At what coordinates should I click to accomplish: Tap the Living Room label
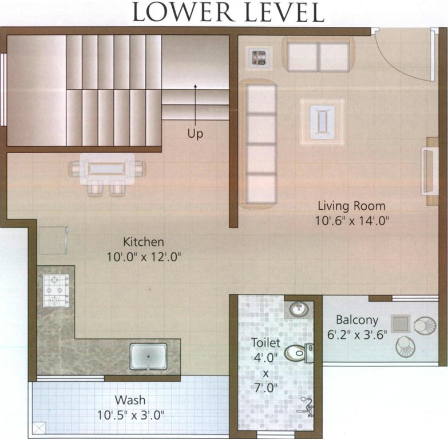(x=351, y=206)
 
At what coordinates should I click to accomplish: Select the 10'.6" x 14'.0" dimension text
(x=351, y=220)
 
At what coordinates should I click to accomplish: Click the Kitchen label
(x=143, y=242)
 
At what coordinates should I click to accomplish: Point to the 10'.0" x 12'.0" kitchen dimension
(x=143, y=257)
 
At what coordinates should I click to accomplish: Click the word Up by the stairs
(x=195, y=134)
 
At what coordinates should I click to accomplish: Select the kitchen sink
(x=148, y=356)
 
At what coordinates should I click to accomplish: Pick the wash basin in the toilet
(x=298, y=309)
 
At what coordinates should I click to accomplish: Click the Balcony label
(x=357, y=320)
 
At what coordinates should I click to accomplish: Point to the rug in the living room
(x=322, y=119)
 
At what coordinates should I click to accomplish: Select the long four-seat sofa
(x=258, y=143)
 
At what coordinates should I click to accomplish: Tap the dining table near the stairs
(x=106, y=169)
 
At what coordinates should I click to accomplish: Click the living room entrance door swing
(x=403, y=54)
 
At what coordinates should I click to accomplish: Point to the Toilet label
(x=266, y=343)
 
